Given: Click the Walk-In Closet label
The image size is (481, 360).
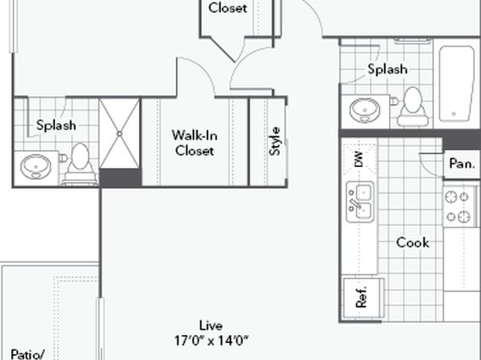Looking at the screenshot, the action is click(x=194, y=143).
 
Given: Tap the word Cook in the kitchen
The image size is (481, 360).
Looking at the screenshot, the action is click(x=412, y=242).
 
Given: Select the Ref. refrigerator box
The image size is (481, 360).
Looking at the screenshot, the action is click(x=363, y=298).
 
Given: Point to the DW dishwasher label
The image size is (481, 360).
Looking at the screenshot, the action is click(x=358, y=159).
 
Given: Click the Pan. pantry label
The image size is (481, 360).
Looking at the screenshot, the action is click(x=462, y=164).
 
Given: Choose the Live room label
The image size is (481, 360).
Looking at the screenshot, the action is click(x=211, y=325).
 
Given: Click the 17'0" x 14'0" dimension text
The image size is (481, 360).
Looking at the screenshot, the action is click(x=211, y=341).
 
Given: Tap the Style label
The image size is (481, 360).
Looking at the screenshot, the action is click(x=275, y=141).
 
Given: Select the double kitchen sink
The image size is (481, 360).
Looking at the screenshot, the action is click(x=360, y=202).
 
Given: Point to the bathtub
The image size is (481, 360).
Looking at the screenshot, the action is click(x=457, y=83).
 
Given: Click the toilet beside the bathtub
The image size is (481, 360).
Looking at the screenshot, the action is click(x=412, y=107).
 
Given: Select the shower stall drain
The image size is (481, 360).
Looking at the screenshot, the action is click(x=119, y=134).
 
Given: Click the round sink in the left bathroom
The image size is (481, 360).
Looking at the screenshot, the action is click(x=36, y=166).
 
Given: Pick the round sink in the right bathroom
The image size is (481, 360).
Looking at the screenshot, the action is click(x=365, y=110).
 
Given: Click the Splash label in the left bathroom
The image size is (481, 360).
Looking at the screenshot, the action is click(x=56, y=126).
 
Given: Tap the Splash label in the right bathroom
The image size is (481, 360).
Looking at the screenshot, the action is click(x=387, y=69).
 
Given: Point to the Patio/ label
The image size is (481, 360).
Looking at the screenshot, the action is click(x=27, y=354).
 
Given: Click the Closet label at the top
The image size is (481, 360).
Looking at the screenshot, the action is click(x=228, y=8).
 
